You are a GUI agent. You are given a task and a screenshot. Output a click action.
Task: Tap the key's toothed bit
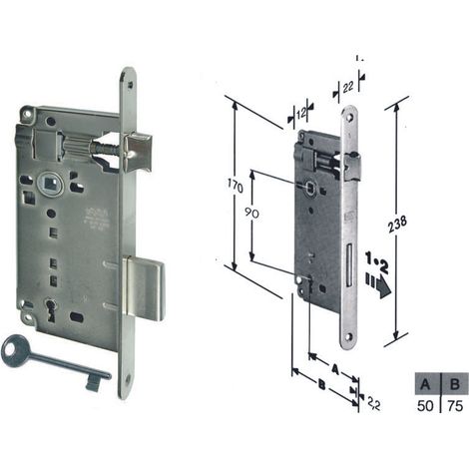tap(93, 384)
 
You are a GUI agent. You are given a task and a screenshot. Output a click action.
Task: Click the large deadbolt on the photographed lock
tap(144, 288)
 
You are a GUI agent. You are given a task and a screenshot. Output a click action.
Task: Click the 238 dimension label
tap(397, 225)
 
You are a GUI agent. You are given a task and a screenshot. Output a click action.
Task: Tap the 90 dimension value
tap(251, 213)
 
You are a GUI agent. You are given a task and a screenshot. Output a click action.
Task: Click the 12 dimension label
tap(300, 114)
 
